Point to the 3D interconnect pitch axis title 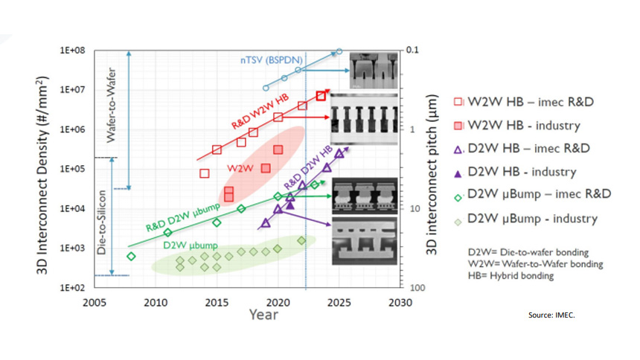[x=430, y=170]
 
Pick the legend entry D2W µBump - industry [x=531, y=219]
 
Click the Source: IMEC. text [x=551, y=316]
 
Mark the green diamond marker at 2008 [x=132, y=257]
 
